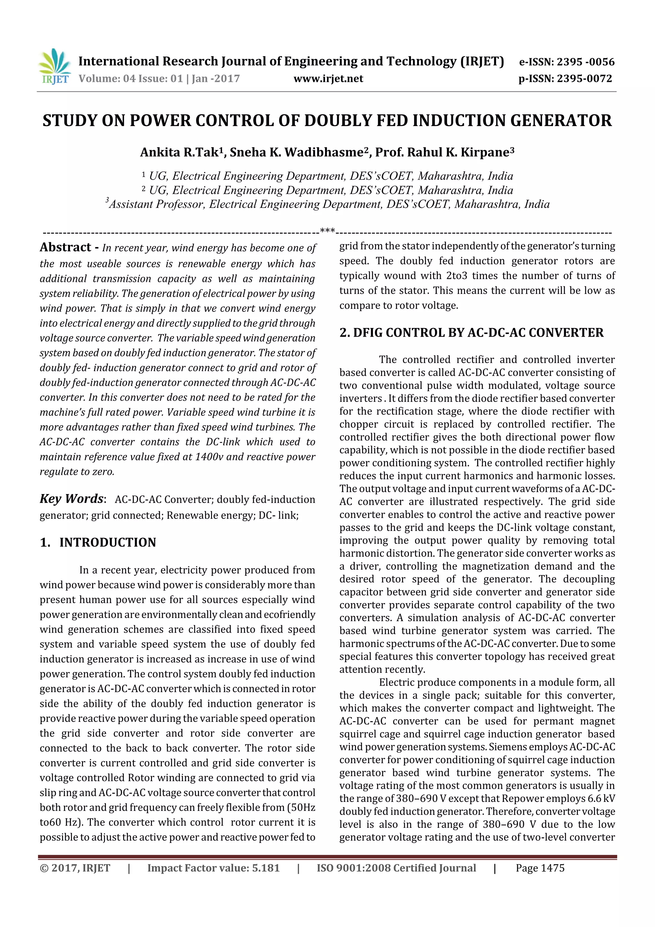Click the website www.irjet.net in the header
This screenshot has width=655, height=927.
pos(328,79)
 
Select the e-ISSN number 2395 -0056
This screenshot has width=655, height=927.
pos(585,62)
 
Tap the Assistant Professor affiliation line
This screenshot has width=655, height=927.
pos(328,204)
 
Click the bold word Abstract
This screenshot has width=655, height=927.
pos(65,247)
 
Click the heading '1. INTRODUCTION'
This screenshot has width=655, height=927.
pos(98,542)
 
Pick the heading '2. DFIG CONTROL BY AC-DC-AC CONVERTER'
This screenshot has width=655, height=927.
pos(471,333)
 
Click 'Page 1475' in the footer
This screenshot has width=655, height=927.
pos(540,868)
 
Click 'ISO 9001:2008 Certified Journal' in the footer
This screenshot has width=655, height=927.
pos(396,868)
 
